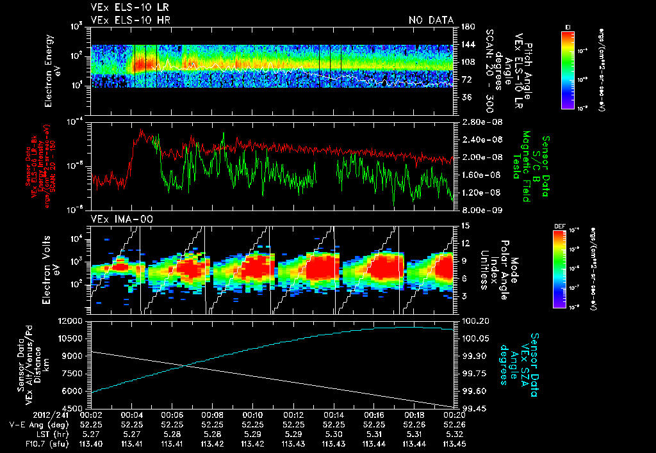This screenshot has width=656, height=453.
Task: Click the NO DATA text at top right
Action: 430,20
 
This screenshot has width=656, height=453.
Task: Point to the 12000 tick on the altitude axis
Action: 72,321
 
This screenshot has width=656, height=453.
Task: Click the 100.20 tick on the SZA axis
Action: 475,321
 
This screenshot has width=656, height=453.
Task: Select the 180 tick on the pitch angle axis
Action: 466,27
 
